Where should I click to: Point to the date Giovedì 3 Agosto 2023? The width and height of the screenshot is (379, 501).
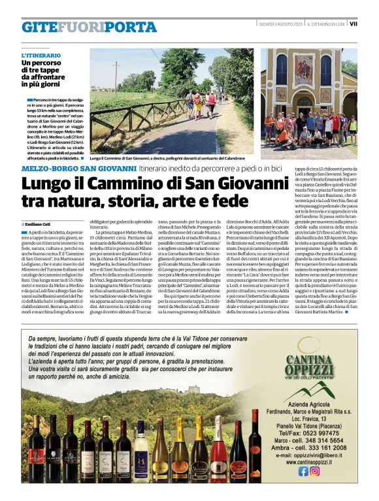(x=280, y=24)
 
